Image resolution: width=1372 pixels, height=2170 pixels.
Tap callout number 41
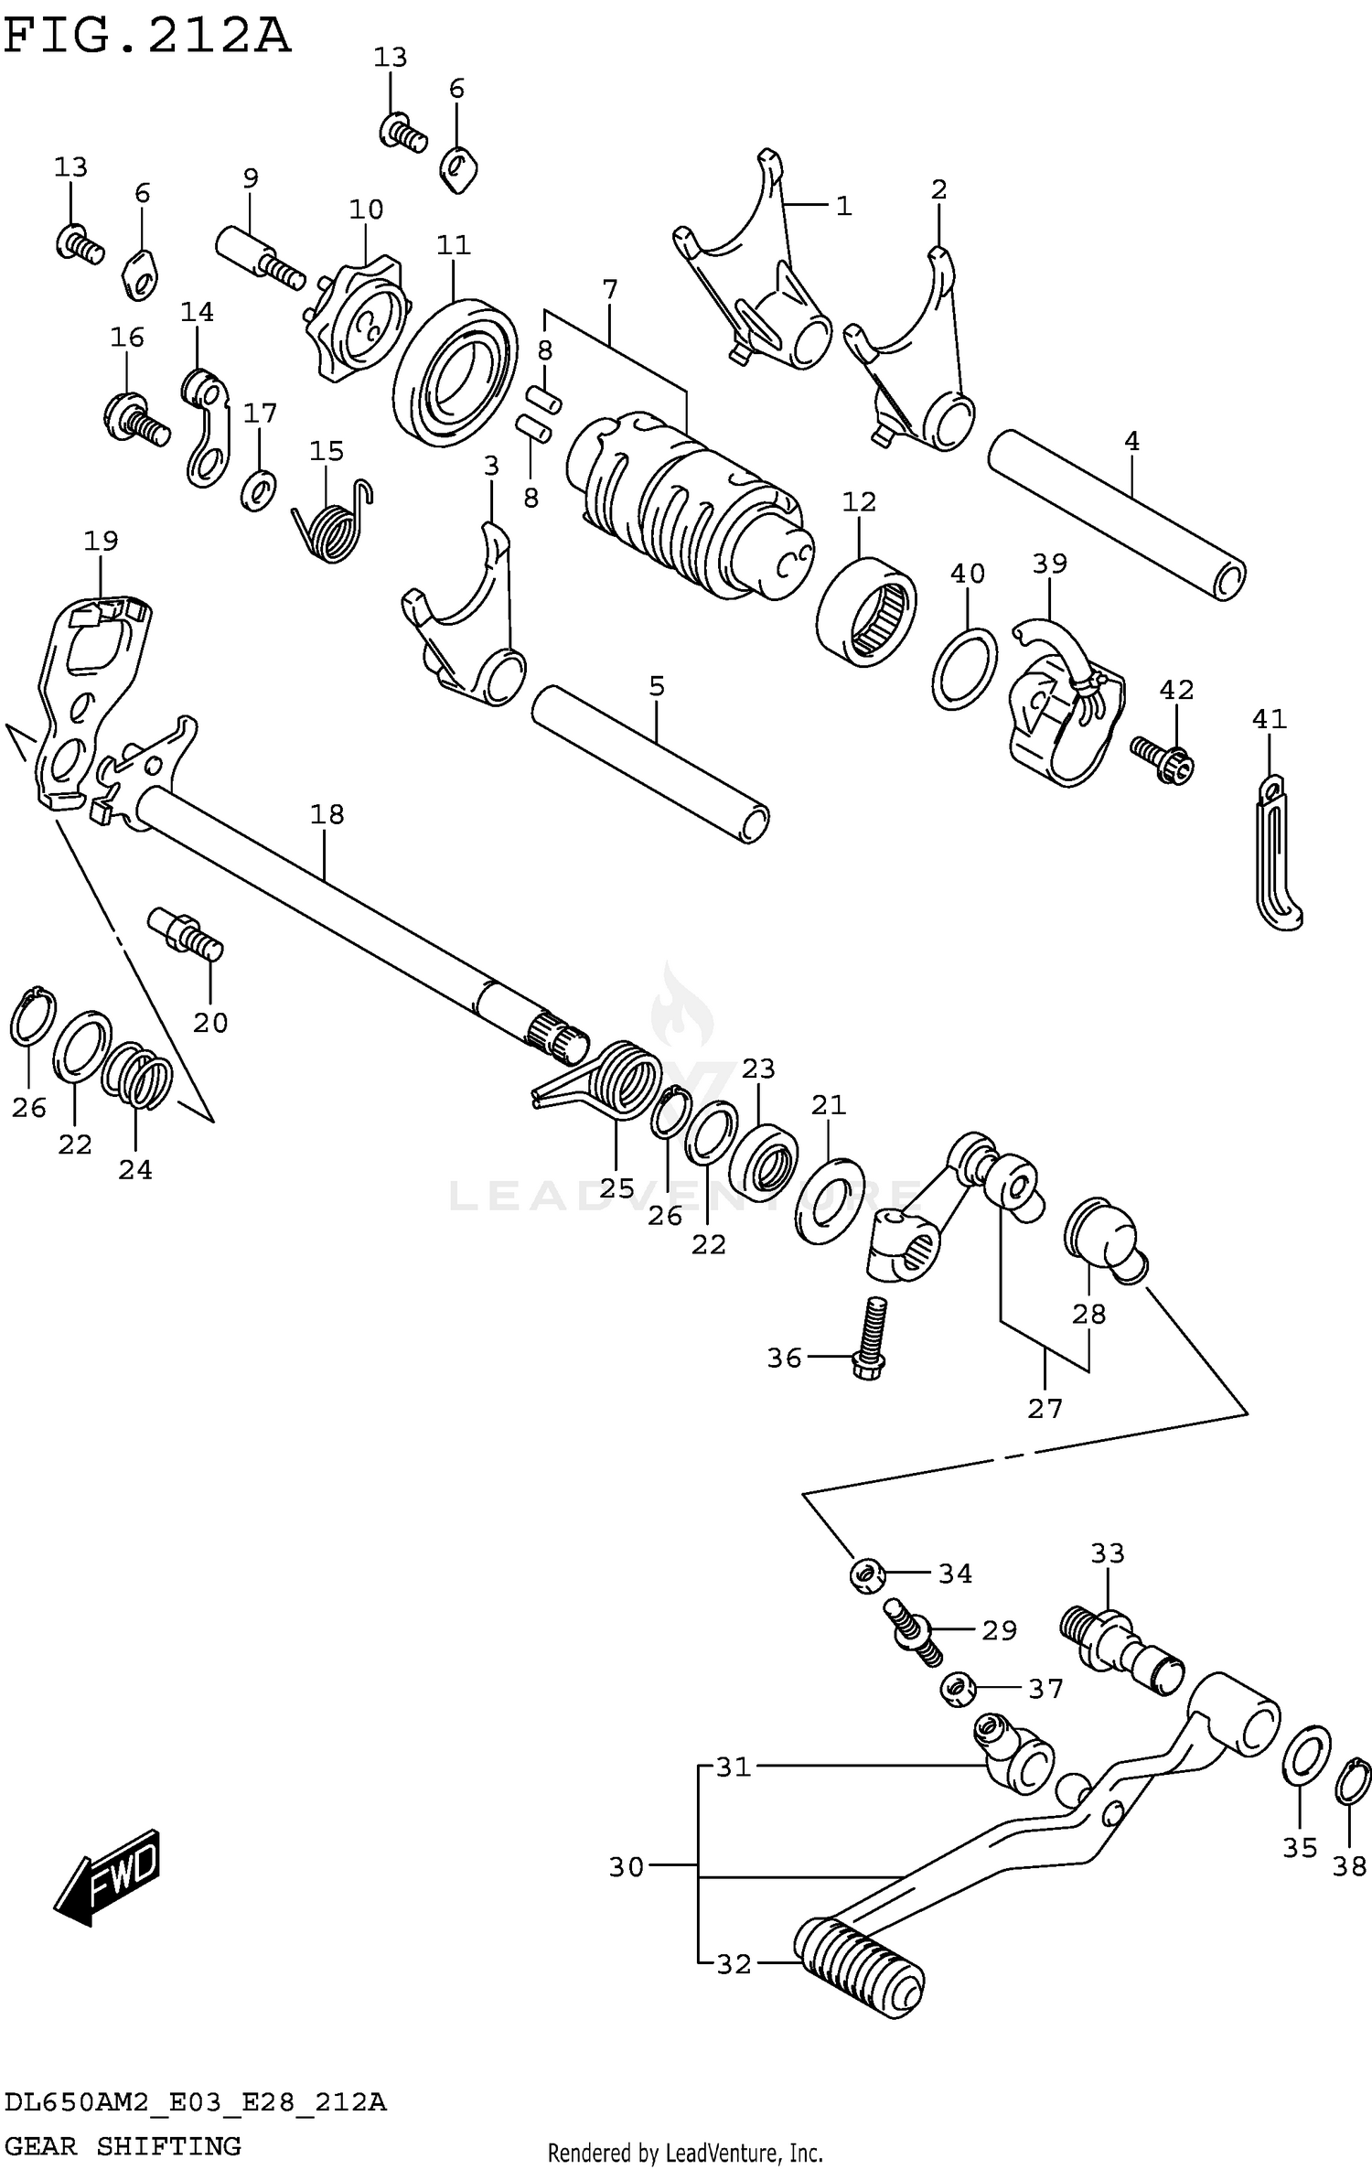coord(1269,720)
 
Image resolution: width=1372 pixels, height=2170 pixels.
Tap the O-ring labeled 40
coord(965,669)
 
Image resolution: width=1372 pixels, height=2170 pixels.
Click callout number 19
coord(101,541)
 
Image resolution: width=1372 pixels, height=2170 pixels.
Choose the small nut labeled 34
coord(865,1574)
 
